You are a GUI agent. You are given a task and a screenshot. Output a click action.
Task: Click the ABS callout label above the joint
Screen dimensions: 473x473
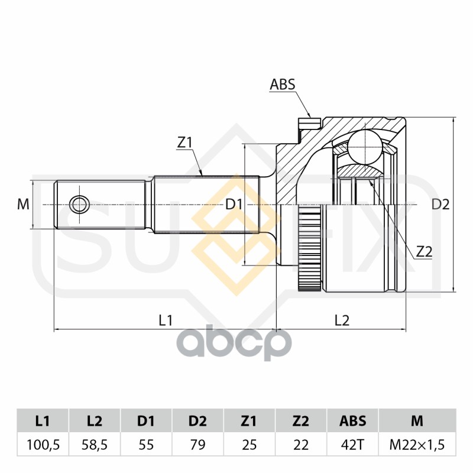point(282,85)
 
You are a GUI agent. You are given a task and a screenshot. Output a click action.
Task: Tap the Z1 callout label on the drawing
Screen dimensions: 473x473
point(185,142)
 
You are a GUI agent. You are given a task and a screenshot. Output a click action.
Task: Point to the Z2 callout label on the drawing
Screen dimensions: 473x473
point(424,252)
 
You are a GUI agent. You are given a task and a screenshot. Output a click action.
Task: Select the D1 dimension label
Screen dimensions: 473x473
point(234,205)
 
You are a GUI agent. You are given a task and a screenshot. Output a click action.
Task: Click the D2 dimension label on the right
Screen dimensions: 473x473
point(440,205)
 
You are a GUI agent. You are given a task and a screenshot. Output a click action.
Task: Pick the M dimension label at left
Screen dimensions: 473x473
point(23,205)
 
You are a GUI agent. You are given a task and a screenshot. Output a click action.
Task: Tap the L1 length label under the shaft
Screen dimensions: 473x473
point(166,320)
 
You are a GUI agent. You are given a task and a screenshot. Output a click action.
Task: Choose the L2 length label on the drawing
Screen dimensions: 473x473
point(342,320)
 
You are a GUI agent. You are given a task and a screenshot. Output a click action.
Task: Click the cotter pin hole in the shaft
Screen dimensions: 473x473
point(78,205)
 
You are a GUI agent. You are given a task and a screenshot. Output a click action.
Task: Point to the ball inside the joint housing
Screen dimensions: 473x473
point(364,145)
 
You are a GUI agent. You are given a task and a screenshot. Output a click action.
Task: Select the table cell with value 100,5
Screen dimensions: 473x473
point(43,445)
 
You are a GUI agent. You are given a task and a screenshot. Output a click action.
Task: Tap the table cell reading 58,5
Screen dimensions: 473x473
point(95,445)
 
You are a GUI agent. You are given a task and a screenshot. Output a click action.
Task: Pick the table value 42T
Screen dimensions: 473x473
point(352,445)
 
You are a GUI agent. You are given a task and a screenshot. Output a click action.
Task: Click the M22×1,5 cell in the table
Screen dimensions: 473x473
point(417,445)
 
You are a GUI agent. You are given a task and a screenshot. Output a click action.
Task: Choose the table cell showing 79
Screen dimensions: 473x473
point(197,445)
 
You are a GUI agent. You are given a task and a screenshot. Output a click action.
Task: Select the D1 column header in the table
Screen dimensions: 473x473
point(146,421)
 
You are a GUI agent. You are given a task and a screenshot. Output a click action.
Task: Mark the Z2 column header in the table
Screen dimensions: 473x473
point(301,421)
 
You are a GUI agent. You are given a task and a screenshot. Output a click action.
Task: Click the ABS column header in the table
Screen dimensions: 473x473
point(352,421)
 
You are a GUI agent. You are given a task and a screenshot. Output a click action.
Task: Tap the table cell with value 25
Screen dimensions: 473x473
point(250,445)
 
